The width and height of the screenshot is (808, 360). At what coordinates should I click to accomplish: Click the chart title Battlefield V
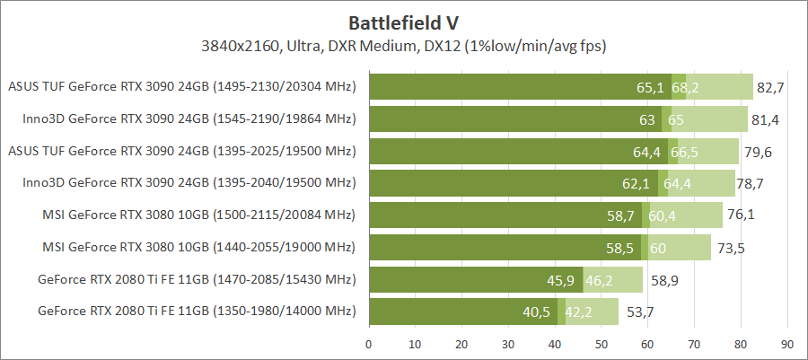[x=404, y=21]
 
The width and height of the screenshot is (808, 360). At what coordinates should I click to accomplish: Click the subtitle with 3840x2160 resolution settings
[x=404, y=45]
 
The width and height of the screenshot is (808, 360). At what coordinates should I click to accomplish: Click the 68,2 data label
[x=685, y=87]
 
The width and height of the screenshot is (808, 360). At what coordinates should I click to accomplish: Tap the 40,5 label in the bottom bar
[x=535, y=312]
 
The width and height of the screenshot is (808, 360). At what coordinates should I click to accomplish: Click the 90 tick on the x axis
[x=787, y=344]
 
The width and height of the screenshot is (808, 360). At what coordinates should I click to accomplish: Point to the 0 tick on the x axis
[x=369, y=344]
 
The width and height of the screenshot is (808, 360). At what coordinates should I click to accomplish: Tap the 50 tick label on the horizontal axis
[x=602, y=344]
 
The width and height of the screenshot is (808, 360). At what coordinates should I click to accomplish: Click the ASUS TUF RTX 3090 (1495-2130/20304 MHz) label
[x=182, y=87]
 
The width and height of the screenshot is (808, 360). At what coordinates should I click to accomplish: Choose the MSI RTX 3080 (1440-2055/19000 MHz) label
[x=199, y=248]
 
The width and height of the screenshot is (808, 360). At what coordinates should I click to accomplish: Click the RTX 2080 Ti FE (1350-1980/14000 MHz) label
[x=197, y=312]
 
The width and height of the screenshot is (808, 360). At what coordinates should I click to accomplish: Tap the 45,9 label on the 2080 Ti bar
[x=560, y=280]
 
